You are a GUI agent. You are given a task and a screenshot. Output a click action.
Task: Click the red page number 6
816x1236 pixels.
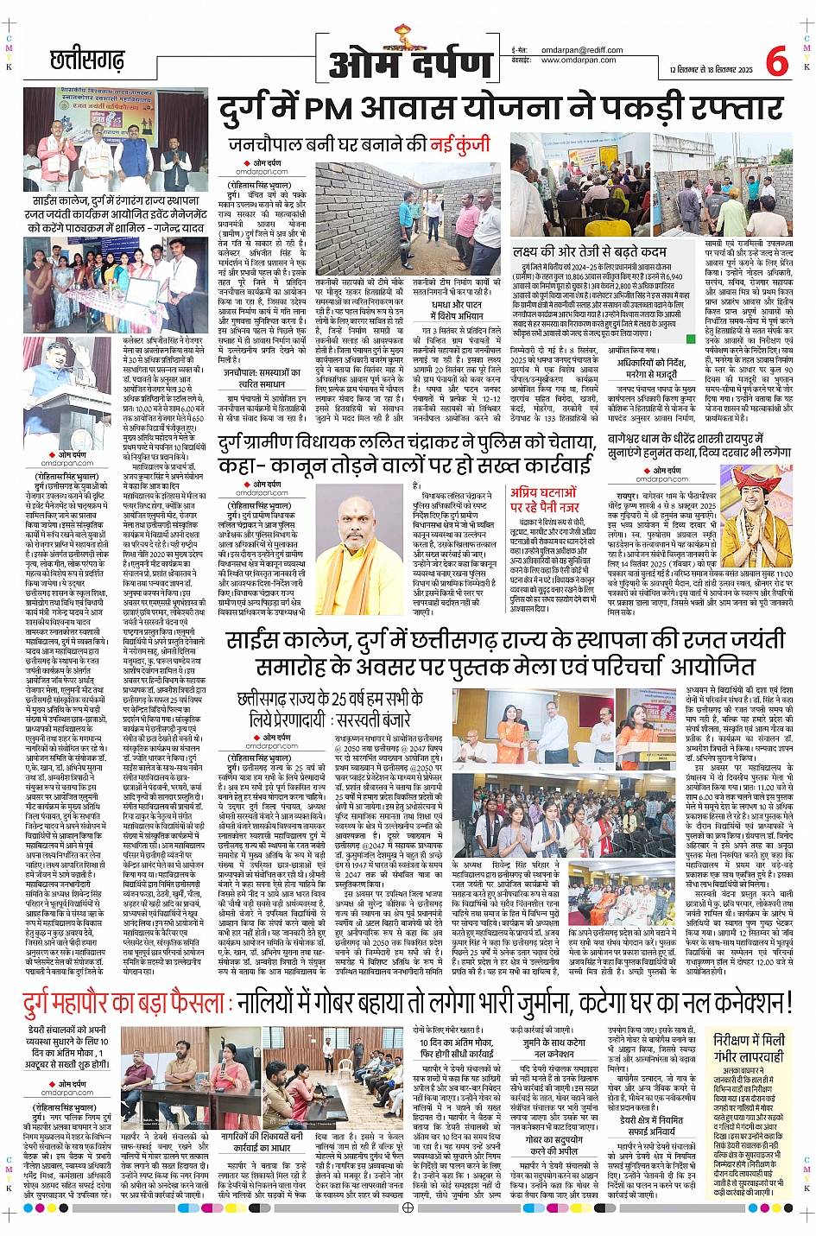776,62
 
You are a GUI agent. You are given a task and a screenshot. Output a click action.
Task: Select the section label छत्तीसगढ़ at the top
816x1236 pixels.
87,60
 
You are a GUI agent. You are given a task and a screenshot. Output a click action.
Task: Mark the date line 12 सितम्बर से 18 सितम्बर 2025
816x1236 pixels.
711,70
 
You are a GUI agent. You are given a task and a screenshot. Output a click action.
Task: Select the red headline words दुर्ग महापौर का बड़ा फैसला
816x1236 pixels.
124,1004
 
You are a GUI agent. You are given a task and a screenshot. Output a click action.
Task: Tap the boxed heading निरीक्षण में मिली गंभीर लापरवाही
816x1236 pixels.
749,1049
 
